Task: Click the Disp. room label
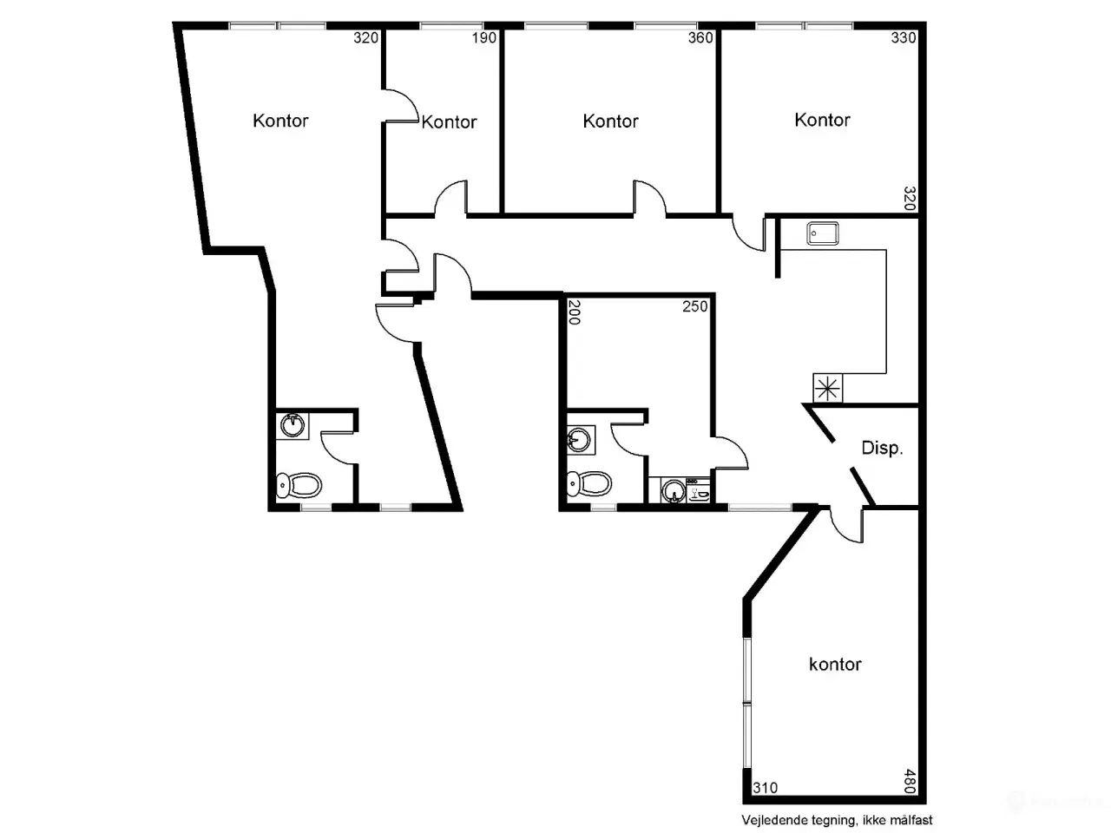(x=882, y=448)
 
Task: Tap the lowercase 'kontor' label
(x=835, y=664)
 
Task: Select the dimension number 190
(x=483, y=37)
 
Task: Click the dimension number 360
(x=700, y=37)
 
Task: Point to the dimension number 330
(x=904, y=37)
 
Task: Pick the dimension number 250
(x=695, y=306)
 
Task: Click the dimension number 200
(x=575, y=312)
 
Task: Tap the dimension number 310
(x=766, y=788)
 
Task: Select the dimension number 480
(x=910, y=781)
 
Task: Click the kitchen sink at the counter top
(x=823, y=233)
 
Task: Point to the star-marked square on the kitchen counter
(x=827, y=388)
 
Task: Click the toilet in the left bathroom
(x=299, y=486)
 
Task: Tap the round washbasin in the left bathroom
(x=293, y=426)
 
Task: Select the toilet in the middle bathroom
(x=589, y=484)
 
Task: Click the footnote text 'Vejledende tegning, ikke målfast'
(x=838, y=820)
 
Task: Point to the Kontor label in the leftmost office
(x=280, y=121)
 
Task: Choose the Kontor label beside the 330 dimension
(x=822, y=120)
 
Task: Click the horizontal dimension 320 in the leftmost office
(x=365, y=37)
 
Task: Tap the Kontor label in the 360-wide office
(x=610, y=121)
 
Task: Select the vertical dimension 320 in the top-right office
(x=910, y=199)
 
